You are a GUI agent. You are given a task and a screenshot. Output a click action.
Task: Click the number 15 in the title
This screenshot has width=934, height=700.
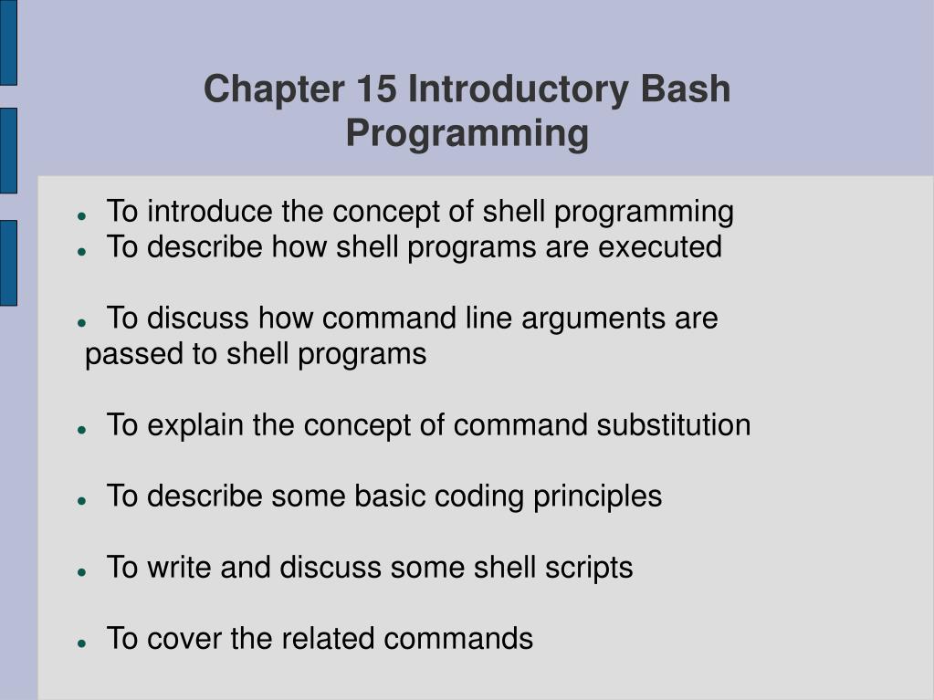[376, 89]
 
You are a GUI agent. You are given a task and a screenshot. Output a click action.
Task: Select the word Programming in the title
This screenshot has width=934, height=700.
[467, 133]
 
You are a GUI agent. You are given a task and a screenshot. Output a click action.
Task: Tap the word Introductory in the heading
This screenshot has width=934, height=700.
[519, 89]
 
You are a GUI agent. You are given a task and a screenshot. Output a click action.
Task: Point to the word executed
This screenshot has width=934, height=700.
[660, 247]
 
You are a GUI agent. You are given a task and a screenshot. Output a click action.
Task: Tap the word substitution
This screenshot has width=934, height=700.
[674, 425]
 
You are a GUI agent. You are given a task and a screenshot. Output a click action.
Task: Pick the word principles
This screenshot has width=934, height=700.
[597, 497]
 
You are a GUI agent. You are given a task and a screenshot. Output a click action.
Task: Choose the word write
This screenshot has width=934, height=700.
[179, 568]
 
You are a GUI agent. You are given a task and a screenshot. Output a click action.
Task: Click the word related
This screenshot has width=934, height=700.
[328, 639]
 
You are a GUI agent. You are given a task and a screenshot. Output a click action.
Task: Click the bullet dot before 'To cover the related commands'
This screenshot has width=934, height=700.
[82, 643]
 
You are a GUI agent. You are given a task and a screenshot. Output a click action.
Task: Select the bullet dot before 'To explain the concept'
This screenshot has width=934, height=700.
[82, 430]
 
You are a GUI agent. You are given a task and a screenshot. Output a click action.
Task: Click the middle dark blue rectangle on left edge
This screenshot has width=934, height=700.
[8, 151]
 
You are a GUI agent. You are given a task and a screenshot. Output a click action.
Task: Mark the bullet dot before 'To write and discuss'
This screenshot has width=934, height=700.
[82, 572]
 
